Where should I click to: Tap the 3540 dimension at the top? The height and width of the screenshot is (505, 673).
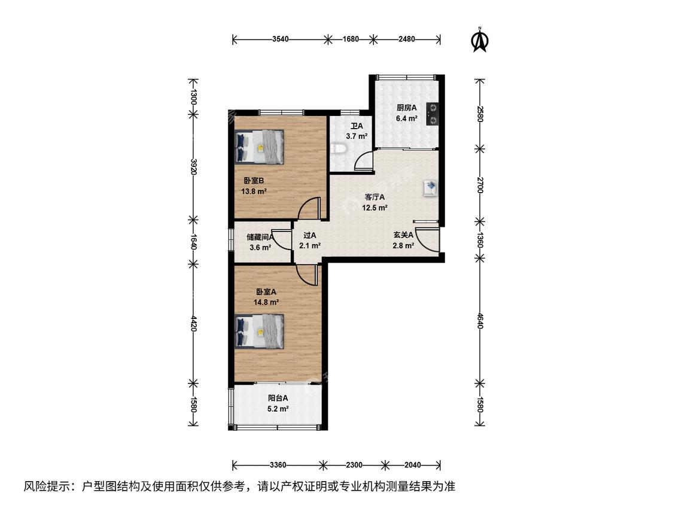[x=281, y=39]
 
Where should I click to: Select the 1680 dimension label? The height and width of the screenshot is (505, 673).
[x=351, y=39]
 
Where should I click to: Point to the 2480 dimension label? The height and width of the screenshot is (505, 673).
[x=406, y=39]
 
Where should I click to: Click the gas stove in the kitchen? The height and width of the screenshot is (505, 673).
[x=432, y=114]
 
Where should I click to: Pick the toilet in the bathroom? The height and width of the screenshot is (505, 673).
[x=339, y=148]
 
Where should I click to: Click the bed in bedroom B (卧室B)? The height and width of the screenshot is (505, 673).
[x=260, y=147]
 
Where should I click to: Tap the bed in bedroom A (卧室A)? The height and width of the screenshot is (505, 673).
[x=260, y=331]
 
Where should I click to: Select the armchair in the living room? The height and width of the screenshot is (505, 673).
[x=431, y=188]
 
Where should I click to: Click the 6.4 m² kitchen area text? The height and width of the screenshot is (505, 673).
[x=407, y=118]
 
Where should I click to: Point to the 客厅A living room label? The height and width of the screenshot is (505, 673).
[x=374, y=197]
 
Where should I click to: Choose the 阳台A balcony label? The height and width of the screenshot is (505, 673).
[x=278, y=398]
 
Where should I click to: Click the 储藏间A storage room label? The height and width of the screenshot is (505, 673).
[x=260, y=236]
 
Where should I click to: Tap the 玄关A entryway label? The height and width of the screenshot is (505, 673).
[x=403, y=235]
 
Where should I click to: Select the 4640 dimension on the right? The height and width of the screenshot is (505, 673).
[x=480, y=320]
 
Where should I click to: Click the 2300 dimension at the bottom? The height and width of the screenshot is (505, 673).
[x=354, y=465]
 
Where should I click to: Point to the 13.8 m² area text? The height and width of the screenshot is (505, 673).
[x=254, y=191]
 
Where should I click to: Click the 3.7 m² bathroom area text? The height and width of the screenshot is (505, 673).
[x=357, y=136]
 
